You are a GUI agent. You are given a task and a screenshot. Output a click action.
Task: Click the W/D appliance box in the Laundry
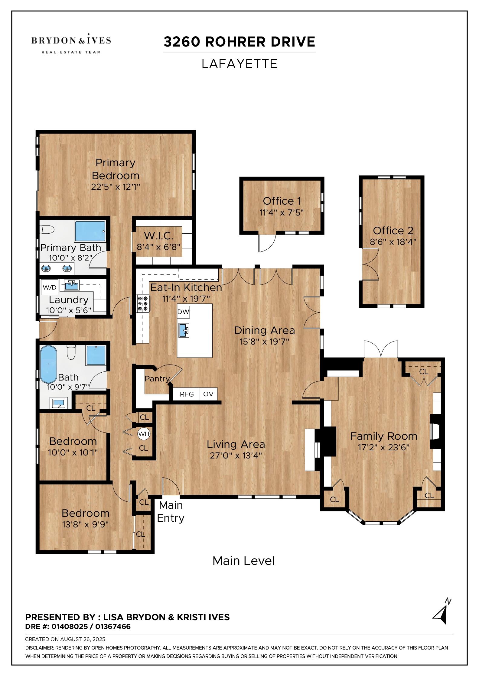(x=50, y=287)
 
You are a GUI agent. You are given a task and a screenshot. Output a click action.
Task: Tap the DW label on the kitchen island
(x=183, y=312)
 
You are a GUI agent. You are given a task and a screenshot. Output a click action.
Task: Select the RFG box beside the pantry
(x=187, y=394)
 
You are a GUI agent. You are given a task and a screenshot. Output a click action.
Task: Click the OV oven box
(x=208, y=394)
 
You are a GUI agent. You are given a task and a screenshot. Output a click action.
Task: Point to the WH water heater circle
(x=144, y=434)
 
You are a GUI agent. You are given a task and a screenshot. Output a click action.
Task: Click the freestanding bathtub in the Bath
(x=49, y=364)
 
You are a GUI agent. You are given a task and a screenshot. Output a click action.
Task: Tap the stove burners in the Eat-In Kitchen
(x=143, y=303)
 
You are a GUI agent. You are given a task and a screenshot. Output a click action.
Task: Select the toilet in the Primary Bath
(x=47, y=230)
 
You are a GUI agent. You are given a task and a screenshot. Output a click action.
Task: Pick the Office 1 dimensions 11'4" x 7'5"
(x=282, y=212)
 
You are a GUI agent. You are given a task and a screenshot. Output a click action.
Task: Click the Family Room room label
(x=383, y=436)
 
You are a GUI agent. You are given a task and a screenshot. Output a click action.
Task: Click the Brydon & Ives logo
(x=71, y=43)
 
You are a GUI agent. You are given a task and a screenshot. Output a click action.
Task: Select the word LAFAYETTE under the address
(x=239, y=64)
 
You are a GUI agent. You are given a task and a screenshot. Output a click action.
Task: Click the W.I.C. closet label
(x=158, y=235)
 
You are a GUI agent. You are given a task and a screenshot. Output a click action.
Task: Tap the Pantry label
(x=157, y=378)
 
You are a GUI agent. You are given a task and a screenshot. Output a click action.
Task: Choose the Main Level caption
(x=244, y=561)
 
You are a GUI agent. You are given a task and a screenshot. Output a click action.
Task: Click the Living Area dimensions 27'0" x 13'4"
(x=236, y=455)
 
